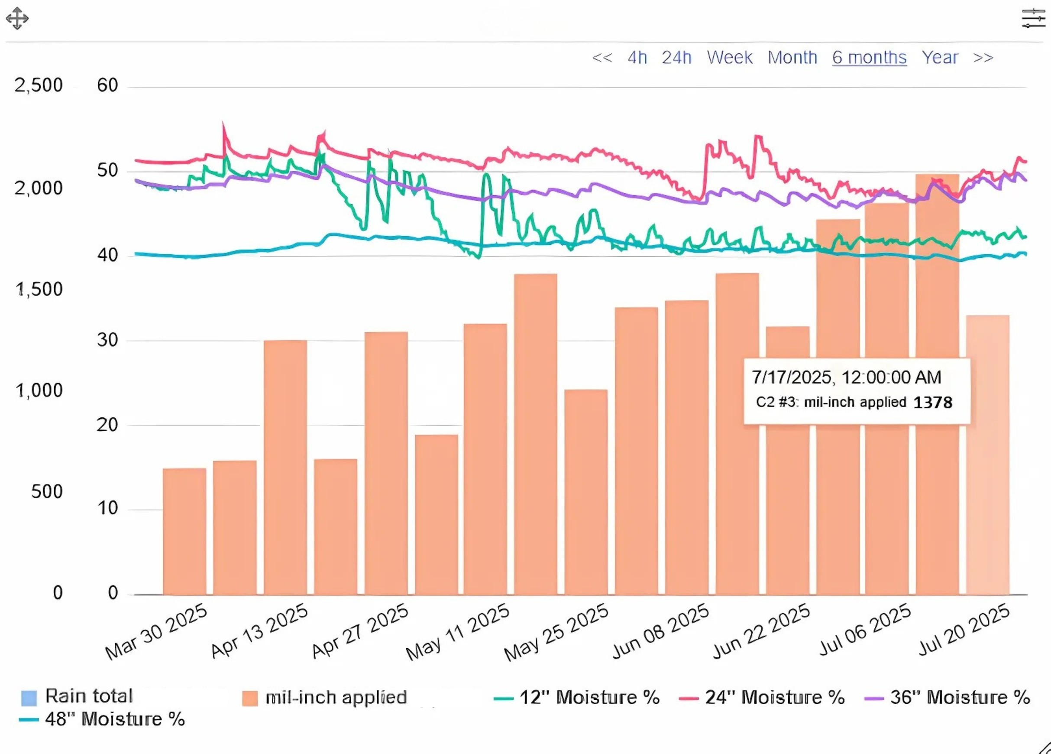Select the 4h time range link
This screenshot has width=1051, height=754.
(x=637, y=58)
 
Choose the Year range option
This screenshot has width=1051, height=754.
(x=939, y=58)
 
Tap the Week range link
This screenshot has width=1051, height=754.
(x=729, y=58)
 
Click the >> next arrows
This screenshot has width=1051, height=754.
(x=983, y=58)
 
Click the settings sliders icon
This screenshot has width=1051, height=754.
(x=1033, y=19)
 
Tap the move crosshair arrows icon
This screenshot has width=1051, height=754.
(x=17, y=19)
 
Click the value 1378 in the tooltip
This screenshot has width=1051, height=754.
(x=932, y=403)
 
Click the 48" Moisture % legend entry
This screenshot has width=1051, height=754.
(x=102, y=719)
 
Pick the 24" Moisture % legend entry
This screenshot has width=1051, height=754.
(x=762, y=697)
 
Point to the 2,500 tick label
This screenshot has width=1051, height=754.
(x=39, y=85)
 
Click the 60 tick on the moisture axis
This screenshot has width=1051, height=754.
(x=107, y=85)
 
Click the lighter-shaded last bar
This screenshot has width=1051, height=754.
(x=987, y=455)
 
